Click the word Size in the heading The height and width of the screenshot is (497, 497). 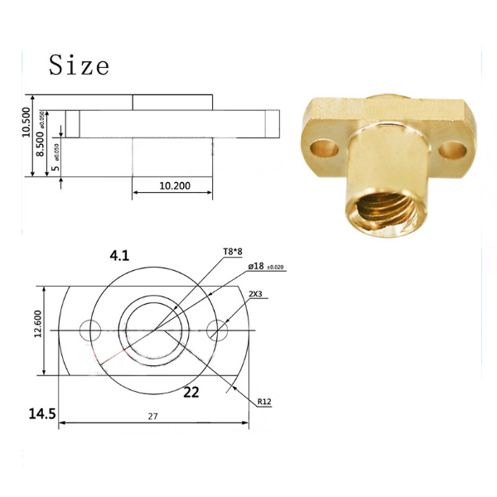(79, 65)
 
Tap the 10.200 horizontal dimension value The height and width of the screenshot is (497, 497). (174, 186)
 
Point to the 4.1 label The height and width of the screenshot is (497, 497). (119, 256)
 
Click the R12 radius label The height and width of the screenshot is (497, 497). (264, 403)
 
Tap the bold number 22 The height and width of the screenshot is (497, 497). (191, 393)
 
